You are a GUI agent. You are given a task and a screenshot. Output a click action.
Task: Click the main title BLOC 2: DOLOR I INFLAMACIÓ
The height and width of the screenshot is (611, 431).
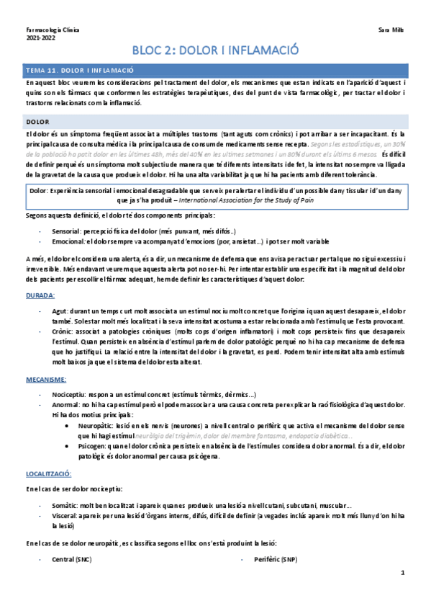[x=215, y=50]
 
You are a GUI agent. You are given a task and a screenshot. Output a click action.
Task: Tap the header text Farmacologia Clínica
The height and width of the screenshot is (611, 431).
[x=53, y=31]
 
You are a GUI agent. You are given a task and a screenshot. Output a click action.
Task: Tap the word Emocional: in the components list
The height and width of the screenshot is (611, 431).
[x=70, y=242]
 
